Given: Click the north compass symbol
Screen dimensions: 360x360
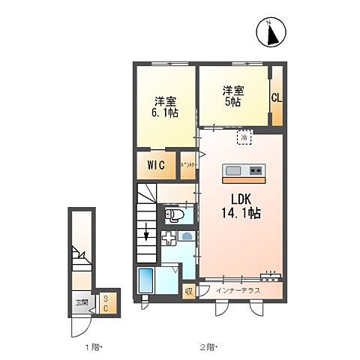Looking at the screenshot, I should [x=274, y=32].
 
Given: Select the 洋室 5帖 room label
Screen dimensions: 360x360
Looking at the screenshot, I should [x=231, y=97].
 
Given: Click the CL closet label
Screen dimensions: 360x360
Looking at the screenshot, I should [x=276, y=97].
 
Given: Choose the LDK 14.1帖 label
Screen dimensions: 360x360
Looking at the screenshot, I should [x=240, y=206].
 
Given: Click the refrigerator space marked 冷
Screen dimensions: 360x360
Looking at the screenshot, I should [x=244, y=137].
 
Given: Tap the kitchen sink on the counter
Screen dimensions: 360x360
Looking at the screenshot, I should [x=232, y=169].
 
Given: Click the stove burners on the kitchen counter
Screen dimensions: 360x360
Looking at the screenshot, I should [x=255, y=169].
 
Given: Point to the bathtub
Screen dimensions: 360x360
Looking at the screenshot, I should [x=146, y=282].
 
